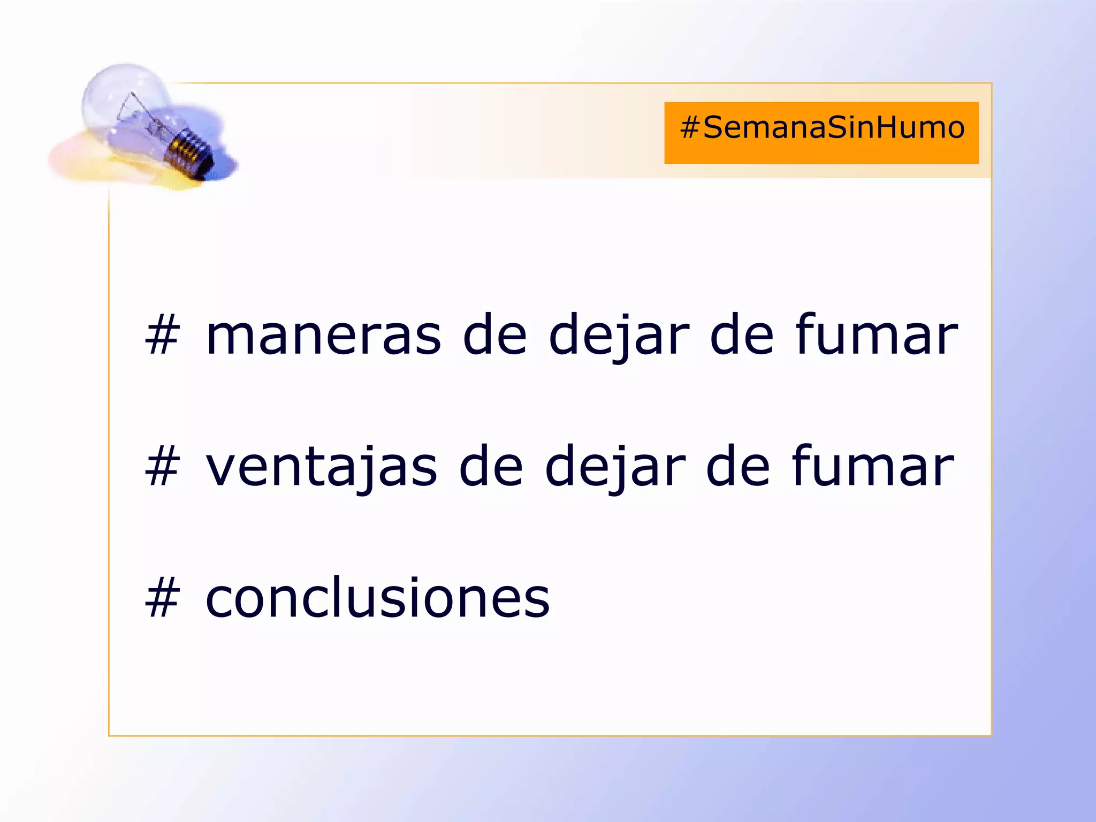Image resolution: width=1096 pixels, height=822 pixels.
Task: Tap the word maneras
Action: [x=324, y=336]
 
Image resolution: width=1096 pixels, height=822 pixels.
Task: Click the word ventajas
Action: [x=321, y=467]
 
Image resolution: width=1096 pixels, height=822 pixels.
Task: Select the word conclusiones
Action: [x=377, y=598]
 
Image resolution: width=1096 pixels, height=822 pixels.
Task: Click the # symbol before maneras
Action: [x=162, y=336]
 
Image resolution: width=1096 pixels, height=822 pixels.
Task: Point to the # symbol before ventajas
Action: [x=162, y=467]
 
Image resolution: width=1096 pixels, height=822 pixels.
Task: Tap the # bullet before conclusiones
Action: [x=162, y=598]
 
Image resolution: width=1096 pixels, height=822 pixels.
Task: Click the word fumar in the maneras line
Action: [x=877, y=336]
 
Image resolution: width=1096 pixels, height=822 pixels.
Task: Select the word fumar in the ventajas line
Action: [x=873, y=467]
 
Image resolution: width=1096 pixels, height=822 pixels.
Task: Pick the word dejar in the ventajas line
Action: [x=615, y=467]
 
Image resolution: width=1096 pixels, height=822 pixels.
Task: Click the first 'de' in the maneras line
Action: [x=495, y=336]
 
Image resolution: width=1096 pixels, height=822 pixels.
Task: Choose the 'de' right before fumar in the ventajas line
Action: [x=739, y=467]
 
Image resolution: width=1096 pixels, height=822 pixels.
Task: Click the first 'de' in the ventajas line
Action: [x=491, y=467]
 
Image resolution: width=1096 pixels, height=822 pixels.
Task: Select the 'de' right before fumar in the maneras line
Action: [x=742, y=336]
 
